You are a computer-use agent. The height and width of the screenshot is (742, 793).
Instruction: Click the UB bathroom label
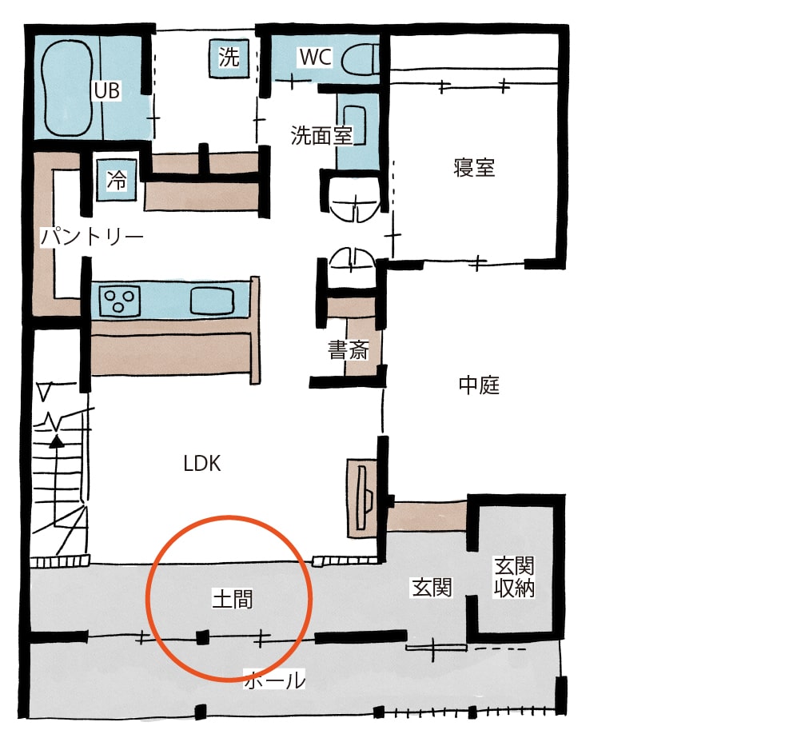coord(106,91)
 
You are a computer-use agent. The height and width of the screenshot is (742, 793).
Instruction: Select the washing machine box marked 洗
coord(229,58)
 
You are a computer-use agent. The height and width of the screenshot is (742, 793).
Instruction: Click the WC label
coord(315,57)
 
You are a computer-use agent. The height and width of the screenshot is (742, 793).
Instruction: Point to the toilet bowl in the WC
coord(360,60)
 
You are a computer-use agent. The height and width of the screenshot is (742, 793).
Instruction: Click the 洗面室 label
coord(321,136)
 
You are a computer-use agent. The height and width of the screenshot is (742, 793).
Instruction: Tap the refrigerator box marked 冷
coord(117,180)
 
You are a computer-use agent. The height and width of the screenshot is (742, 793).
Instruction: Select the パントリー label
coord(92,237)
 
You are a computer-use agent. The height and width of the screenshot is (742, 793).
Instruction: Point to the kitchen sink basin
coord(212,301)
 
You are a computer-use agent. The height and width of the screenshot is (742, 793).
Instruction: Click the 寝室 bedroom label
coord(474,168)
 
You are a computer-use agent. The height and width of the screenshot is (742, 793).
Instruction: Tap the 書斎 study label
coord(348,350)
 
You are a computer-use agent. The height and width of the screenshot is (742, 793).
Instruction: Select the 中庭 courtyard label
coord(479,385)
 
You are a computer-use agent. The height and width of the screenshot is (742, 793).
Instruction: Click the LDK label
coord(201,463)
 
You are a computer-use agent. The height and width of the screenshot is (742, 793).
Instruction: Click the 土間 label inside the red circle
coord(232,600)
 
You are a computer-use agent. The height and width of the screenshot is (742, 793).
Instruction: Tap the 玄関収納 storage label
coord(514,577)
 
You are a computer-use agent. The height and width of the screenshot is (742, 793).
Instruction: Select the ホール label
coord(275,680)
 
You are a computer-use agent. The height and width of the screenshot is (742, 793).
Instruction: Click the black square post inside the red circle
coord(202,637)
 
